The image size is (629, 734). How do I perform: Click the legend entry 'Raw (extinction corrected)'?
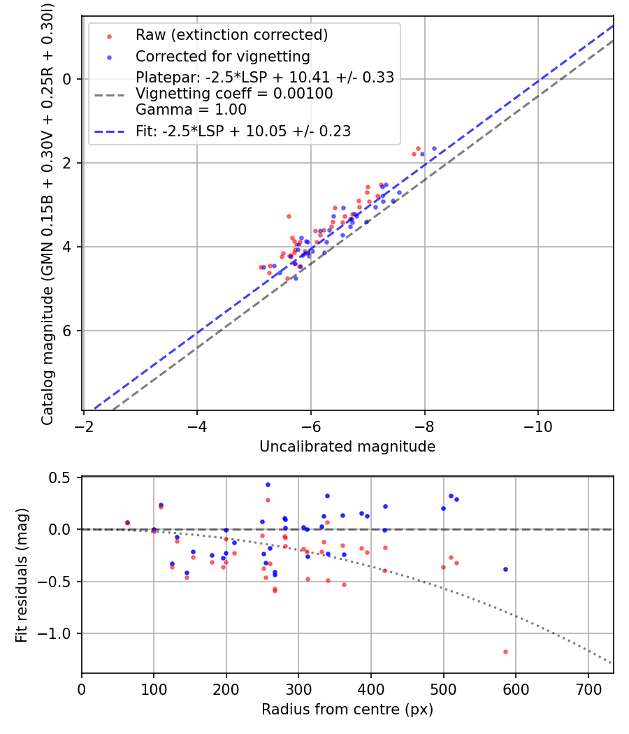pos(231,35)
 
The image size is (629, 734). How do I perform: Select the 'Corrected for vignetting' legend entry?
pos(222,56)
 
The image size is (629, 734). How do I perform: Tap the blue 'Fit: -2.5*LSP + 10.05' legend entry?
pos(243,131)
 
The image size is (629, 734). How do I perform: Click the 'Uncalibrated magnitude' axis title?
pos(347,446)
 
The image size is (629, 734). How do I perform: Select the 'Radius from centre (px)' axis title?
pos(347,710)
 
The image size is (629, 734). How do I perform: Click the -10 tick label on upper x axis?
pos(537,426)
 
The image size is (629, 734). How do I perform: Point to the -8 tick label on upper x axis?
pos(424,426)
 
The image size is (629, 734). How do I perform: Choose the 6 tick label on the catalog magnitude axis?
pos(68,331)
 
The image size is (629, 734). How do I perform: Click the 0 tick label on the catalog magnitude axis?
pos(68,79)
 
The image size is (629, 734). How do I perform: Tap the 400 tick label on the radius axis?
pos(371,689)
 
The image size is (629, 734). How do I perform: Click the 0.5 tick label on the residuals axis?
pos(62,477)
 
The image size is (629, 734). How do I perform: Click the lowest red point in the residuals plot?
pos(505,652)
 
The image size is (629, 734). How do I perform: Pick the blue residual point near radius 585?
pos(505,569)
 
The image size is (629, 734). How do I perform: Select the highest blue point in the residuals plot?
pos(268,484)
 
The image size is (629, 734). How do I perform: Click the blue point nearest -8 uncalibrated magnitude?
pos(422,154)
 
